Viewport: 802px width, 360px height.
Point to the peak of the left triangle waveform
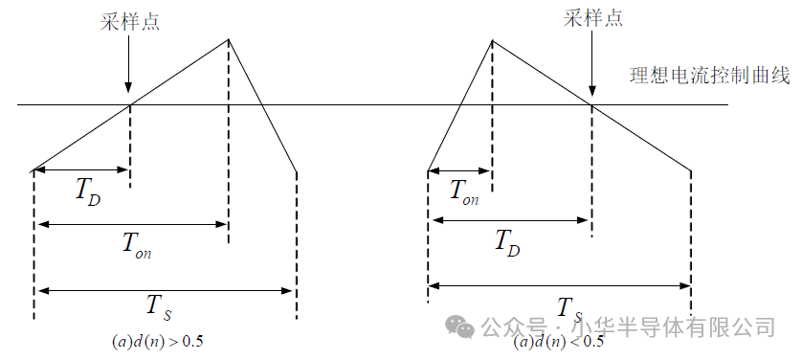coord(228,39)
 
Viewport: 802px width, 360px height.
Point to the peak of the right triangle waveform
coord(492,40)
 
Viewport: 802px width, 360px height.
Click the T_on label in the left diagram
coord(136,244)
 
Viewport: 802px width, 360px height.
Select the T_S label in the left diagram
coord(158,306)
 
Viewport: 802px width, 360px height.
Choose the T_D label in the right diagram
coord(508,242)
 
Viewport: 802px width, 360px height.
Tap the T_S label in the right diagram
coord(568,308)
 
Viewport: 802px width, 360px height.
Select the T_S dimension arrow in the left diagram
coord(165,289)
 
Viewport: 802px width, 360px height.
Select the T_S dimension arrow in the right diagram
coord(560,284)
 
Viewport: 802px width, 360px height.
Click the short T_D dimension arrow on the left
coord(81,170)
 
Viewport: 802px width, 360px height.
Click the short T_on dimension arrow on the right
coord(460,171)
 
